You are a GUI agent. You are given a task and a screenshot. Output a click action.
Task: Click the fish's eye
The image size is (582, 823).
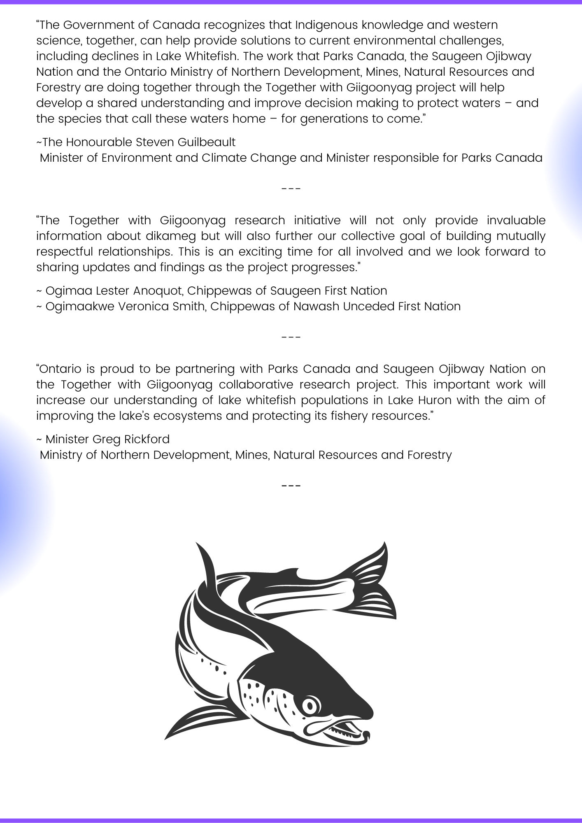(310, 706)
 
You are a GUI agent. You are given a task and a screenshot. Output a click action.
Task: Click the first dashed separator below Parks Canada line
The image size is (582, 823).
(291, 189)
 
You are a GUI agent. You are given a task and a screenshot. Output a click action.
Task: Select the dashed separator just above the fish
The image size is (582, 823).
(291, 486)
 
